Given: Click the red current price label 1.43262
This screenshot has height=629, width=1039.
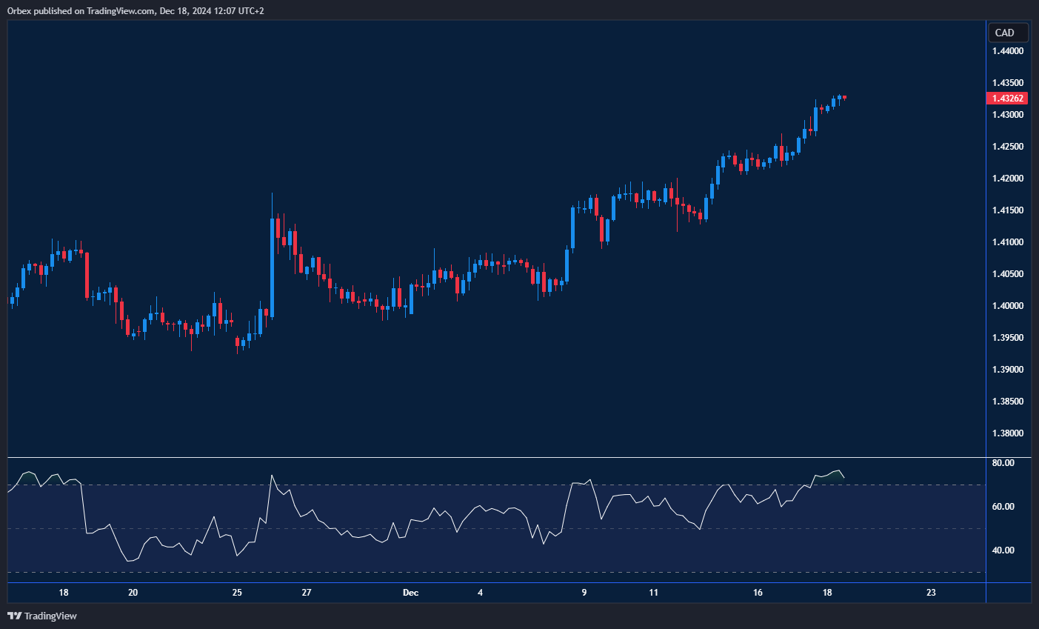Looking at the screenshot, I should pos(1007,99).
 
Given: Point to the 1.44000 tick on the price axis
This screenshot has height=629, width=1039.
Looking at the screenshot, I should pos(1008,51).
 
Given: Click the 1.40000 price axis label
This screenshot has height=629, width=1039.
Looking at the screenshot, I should pos(1008,306).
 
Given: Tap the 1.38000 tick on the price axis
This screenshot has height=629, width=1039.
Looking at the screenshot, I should pos(1008,433).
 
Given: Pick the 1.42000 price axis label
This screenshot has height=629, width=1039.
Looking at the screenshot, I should pos(1008,179).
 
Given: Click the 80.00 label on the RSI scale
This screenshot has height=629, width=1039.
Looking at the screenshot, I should pos(1003,463).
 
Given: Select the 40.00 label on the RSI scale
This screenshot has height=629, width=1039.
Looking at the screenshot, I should pos(1003,550).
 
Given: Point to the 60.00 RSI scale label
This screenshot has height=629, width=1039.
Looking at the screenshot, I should pos(1003,507).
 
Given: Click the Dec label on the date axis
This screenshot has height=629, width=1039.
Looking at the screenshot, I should pos(410,593).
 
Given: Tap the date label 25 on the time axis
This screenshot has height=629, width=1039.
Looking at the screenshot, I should pos(237,593).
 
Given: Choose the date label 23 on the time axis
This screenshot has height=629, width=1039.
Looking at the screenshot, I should pos(931,593).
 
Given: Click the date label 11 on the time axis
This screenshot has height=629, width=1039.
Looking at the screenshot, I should pos(653,593).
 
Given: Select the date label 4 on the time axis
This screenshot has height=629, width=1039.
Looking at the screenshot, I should pos(480,593).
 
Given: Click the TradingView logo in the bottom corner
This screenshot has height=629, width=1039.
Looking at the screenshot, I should pos(42,616).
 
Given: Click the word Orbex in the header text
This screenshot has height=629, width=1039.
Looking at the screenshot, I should pos(20,11).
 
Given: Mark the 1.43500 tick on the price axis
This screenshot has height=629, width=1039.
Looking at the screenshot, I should pos(1008,83).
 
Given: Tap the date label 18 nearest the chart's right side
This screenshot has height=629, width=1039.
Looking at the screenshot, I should pos(827,593).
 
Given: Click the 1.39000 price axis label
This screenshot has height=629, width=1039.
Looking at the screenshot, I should pos(1008,370).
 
